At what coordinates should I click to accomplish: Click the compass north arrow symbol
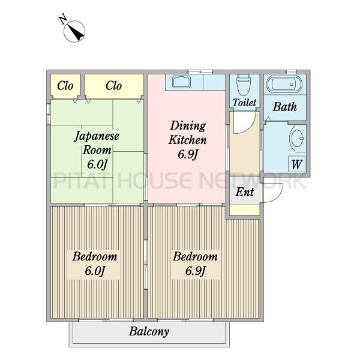coord(74,31)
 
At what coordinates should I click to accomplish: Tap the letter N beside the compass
coord(62,20)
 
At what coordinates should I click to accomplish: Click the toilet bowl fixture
coord(244,85)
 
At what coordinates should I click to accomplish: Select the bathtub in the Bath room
coord(284,84)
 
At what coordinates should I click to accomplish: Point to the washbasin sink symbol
coord(297,139)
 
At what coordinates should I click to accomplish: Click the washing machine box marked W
coord(296,164)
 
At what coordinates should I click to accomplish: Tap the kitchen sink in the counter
coord(181,82)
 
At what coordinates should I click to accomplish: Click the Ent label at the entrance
coord(245,192)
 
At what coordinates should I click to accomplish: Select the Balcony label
coord(149,331)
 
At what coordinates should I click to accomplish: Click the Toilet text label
coord(244,103)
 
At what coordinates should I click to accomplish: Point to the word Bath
coord(284,107)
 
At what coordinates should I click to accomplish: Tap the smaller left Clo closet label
coord(65,86)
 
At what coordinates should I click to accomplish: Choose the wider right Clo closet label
coord(113,86)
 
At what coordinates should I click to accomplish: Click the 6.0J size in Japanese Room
coord(97,164)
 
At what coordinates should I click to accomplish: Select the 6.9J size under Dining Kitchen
coord(188,155)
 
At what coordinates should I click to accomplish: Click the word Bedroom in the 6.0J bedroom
coord(95,256)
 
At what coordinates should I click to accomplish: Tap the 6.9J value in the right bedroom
coord(195,271)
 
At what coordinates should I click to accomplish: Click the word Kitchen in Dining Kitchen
coord(188,140)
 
